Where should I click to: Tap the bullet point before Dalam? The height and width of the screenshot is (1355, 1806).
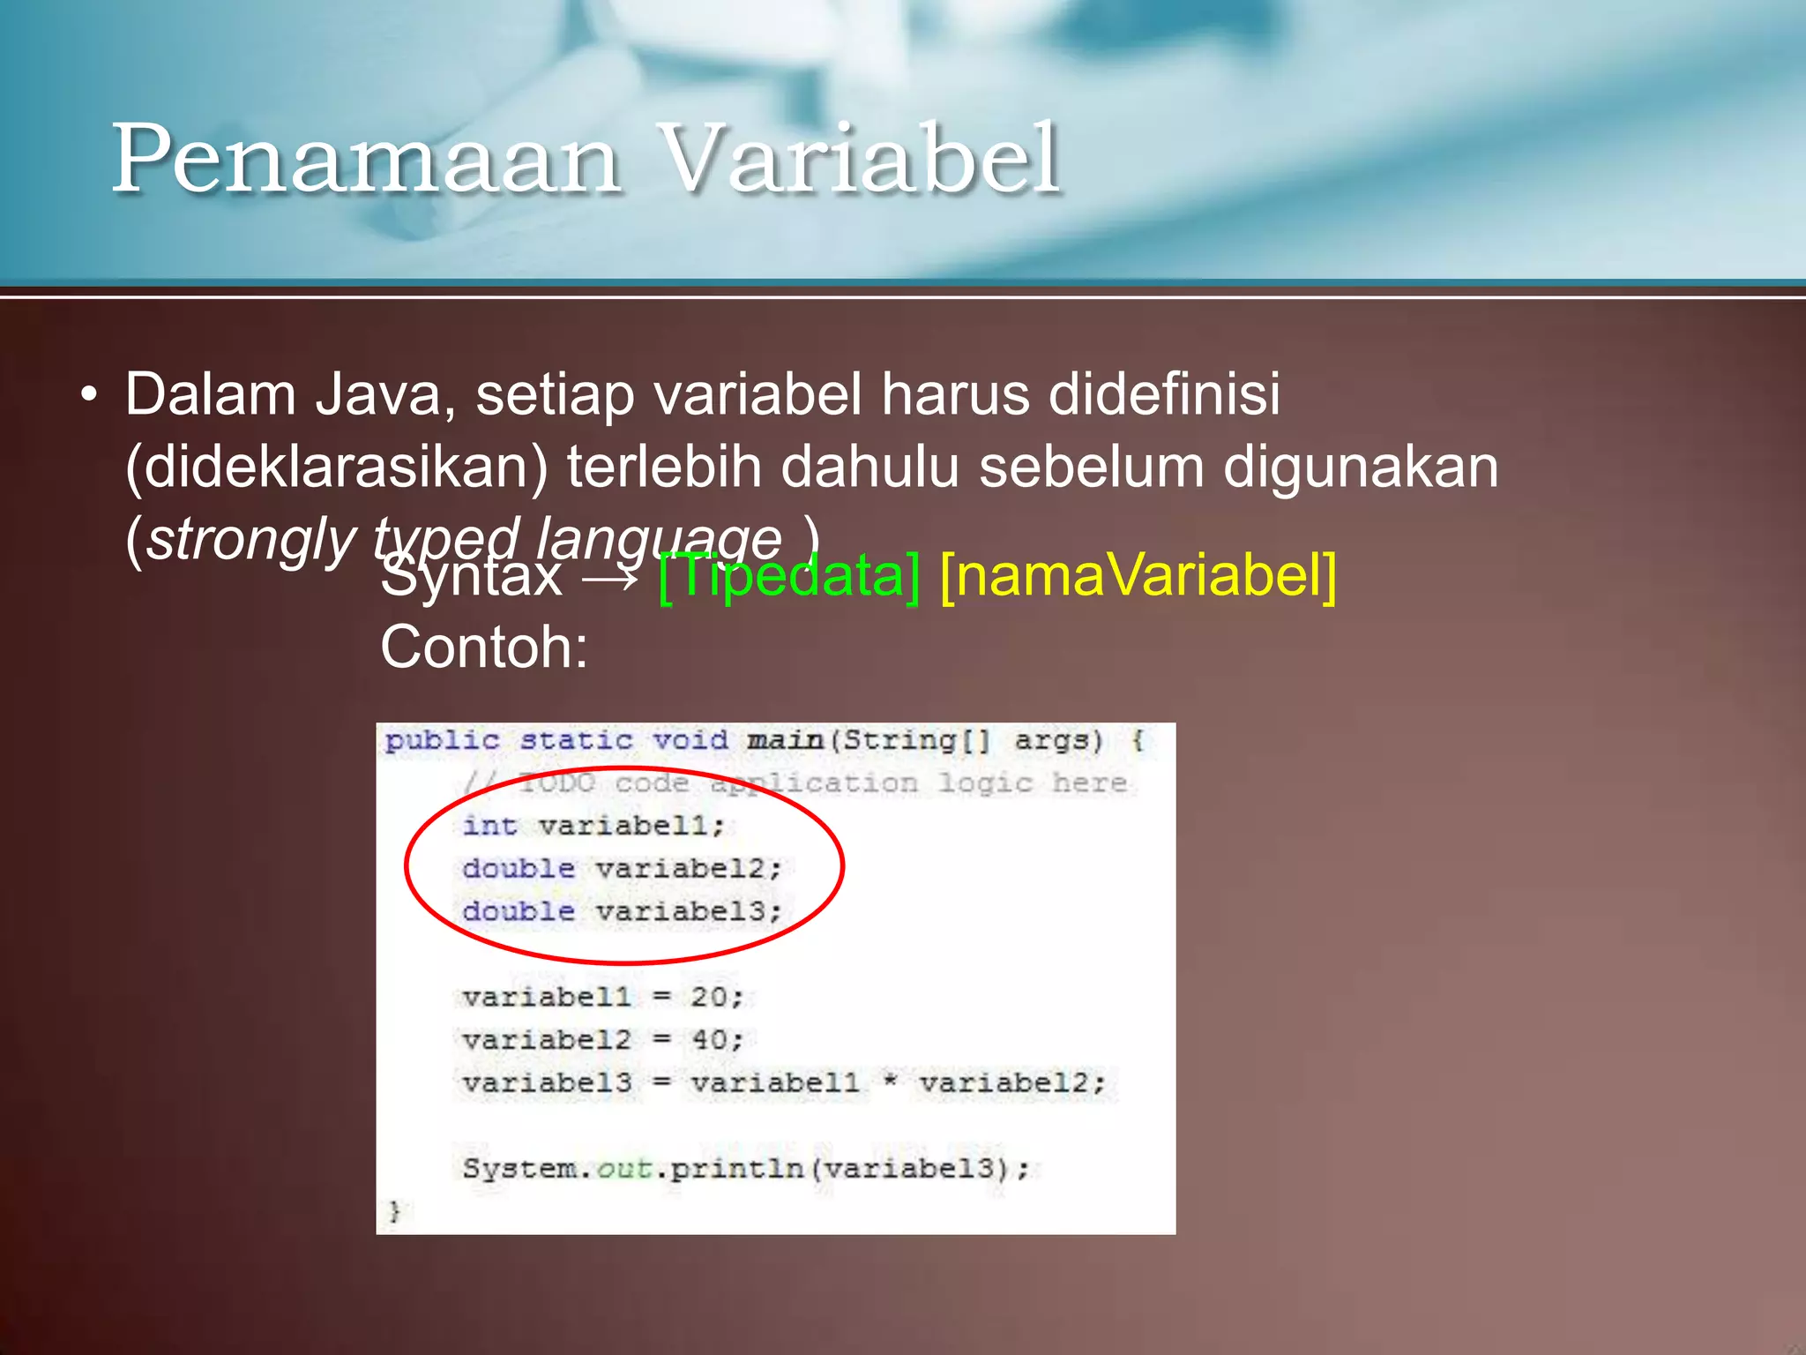point(88,396)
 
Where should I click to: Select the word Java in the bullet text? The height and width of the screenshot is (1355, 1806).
point(378,393)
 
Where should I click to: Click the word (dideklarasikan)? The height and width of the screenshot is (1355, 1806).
point(336,467)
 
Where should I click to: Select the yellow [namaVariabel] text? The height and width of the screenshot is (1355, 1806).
point(1138,575)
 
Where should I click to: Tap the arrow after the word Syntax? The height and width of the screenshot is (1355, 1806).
point(610,578)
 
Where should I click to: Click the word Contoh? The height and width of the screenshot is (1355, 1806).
point(484,648)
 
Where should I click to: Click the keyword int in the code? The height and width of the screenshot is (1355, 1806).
point(489,826)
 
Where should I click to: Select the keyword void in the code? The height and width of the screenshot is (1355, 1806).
point(690,739)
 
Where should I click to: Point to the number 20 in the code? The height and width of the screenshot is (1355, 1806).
point(709,997)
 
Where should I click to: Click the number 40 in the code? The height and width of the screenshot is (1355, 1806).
point(709,1039)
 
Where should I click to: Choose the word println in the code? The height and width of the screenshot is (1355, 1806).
point(737,1168)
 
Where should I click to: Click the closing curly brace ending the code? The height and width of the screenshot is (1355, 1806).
point(394,1210)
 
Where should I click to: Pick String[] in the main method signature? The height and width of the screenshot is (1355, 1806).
point(916,739)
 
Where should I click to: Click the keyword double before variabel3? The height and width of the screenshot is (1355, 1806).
point(519,910)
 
